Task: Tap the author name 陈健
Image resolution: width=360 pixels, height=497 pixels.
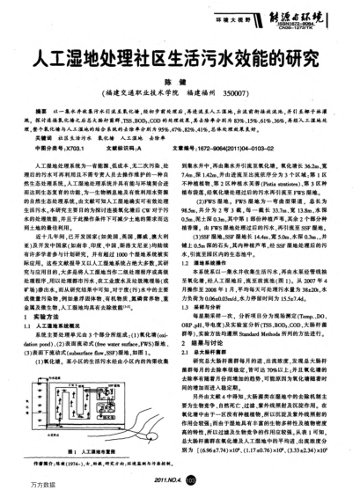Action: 180,91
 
